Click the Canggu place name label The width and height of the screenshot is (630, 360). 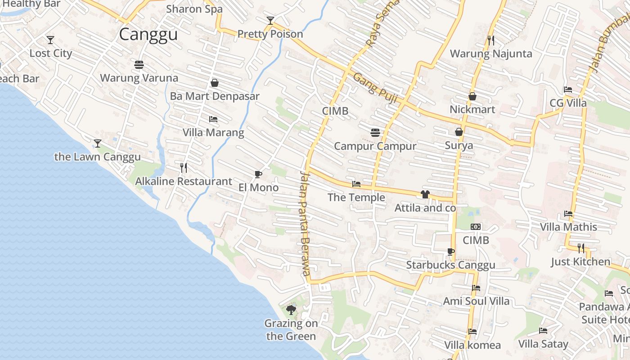point(148,35)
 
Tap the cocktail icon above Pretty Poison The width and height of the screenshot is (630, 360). point(270,21)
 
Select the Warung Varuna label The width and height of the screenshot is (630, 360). point(139,78)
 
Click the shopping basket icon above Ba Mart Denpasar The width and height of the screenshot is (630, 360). point(215,83)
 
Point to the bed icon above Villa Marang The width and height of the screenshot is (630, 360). point(213,119)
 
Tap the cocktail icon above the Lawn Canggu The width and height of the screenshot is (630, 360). point(98,144)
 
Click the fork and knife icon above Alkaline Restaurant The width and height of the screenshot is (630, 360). point(184,168)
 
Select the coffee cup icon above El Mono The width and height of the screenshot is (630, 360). point(258,174)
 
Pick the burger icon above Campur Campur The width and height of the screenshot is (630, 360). point(375,133)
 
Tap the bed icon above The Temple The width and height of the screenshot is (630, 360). point(356,184)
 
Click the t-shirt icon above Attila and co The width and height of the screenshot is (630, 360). point(425,194)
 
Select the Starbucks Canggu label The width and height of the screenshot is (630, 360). point(450,265)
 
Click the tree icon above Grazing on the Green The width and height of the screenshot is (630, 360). point(291,310)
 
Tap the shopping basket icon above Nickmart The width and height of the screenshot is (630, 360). point(472,96)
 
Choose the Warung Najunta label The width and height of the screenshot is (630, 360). point(491,54)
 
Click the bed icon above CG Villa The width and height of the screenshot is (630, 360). point(568,90)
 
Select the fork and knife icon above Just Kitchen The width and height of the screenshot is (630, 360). point(581,248)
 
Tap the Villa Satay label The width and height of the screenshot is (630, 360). point(543,344)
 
